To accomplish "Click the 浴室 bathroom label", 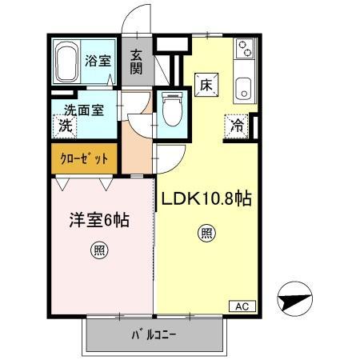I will [x=109, y=58].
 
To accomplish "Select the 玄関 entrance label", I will [x=137, y=62].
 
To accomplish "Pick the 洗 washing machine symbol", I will [x=65, y=125].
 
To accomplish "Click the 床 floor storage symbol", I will [x=204, y=83].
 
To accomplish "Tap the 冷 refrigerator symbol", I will [x=237, y=125].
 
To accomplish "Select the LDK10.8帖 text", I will [x=208, y=198].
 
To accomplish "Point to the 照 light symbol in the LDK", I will [x=206, y=234].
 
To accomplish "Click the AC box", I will [x=242, y=305].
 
